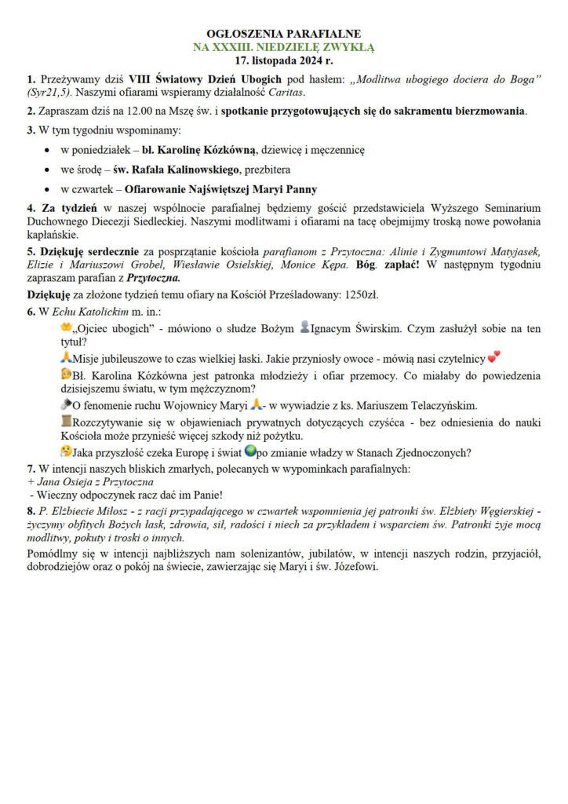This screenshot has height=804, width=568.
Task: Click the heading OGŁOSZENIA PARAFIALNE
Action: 283,34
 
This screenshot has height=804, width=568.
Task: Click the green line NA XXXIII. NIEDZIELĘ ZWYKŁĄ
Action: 283,46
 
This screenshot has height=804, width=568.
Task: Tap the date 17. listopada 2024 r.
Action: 283,59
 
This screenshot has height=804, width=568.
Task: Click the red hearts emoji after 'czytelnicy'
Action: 494,358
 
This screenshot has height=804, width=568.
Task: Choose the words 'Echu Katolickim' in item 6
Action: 82,312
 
